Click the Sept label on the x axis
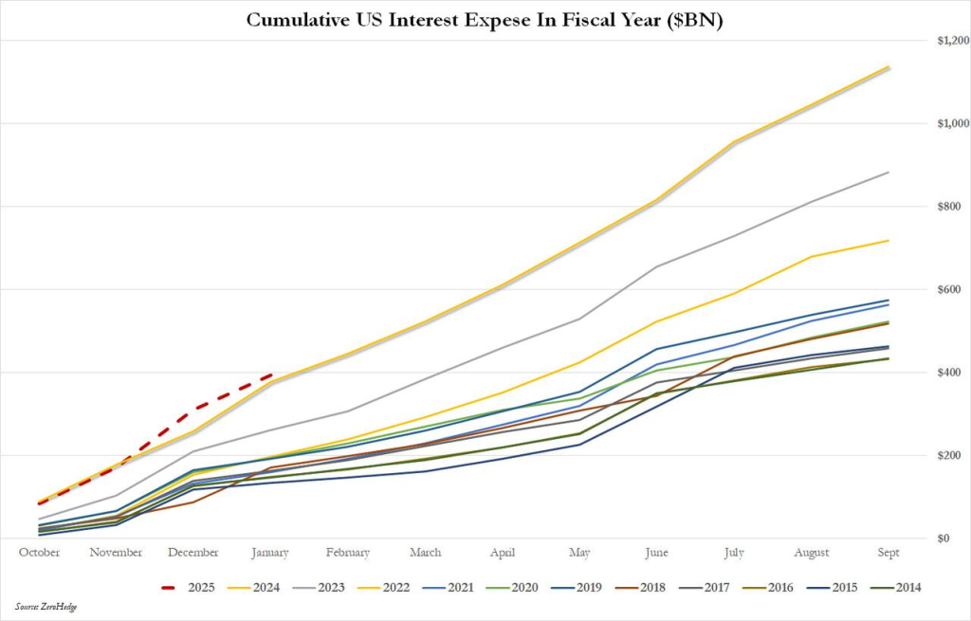coord(889,553)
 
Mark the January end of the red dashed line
coord(271,375)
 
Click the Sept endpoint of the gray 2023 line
coord(889,173)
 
